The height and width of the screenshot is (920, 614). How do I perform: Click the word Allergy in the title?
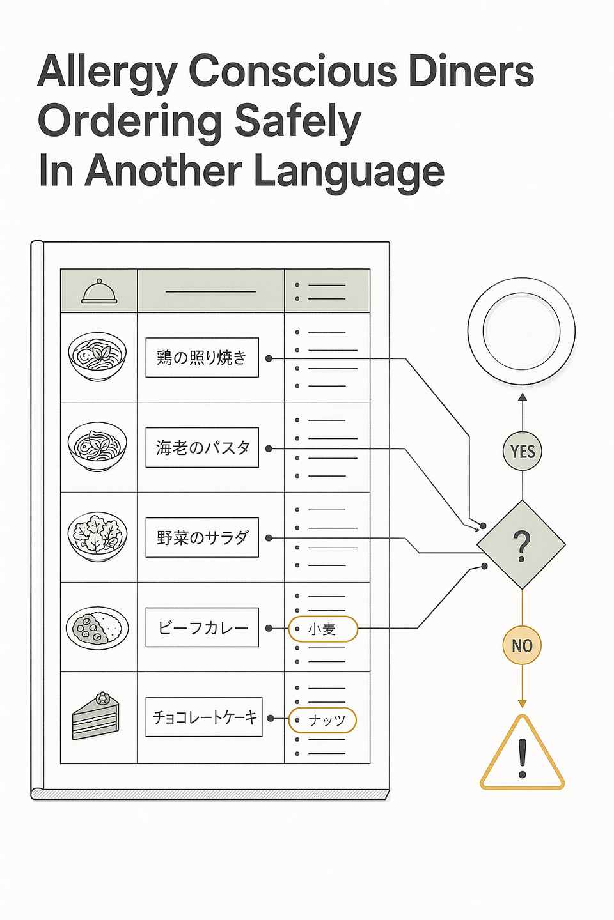tap(107, 73)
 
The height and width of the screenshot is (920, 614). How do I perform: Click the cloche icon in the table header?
tap(98, 291)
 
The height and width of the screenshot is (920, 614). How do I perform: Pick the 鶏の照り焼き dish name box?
tap(202, 357)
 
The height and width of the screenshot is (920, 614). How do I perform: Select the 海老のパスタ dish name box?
tap(202, 447)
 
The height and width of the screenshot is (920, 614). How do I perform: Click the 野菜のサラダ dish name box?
tap(202, 537)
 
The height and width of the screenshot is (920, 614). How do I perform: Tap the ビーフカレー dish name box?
tap(202, 627)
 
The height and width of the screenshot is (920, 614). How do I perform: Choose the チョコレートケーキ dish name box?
tap(204, 717)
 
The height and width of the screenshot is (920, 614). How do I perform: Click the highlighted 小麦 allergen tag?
tap(323, 629)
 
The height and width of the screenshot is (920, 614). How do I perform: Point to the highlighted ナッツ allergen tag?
tap(322, 720)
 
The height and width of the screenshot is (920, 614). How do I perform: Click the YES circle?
tap(523, 451)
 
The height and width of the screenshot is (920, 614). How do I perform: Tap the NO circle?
tap(522, 645)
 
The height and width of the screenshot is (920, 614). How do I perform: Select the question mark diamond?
tap(521, 544)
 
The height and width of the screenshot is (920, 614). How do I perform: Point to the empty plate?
tap(521, 331)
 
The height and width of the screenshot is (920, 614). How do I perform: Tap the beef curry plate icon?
tap(97, 628)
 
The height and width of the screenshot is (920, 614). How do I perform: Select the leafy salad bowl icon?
tap(97, 537)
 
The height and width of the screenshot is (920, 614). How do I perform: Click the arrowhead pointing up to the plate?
tap(523, 397)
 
